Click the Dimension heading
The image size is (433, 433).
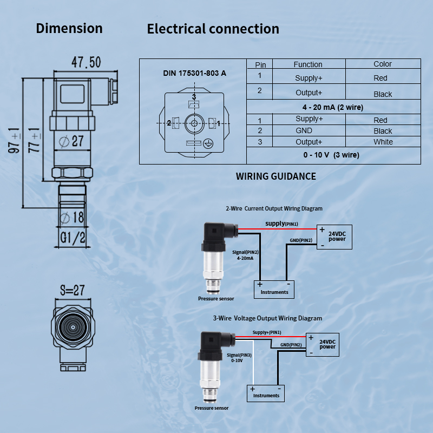point(69,28)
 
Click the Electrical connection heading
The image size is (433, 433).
point(213,29)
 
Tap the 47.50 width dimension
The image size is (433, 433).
point(86,62)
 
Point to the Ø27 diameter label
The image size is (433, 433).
point(71,141)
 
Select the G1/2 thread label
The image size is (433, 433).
point(72,237)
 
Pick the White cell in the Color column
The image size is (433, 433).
point(383,142)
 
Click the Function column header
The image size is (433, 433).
point(307,64)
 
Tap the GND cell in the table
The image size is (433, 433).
point(304,130)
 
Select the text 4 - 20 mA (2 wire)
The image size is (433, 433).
point(333,107)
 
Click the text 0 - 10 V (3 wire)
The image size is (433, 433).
point(331,155)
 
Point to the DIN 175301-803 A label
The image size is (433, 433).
point(195,73)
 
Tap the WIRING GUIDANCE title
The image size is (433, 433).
point(275,176)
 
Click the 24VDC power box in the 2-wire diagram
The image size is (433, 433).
point(334,237)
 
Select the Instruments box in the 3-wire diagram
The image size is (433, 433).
point(266,392)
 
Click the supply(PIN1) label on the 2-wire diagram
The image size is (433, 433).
point(281,224)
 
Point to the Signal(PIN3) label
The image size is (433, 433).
point(239,355)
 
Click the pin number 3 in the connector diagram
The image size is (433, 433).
point(193,96)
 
